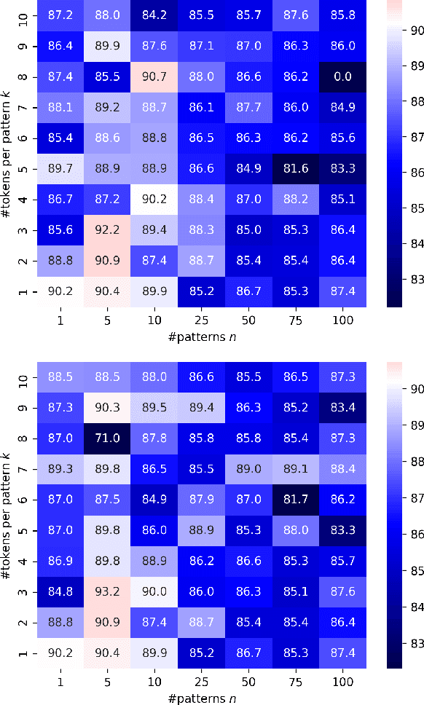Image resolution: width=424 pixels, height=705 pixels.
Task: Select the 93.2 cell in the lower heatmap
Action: tap(107, 589)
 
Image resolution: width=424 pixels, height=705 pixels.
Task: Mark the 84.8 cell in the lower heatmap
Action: tap(60, 589)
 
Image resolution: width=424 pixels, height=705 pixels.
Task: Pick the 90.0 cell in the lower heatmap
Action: tap(154, 589)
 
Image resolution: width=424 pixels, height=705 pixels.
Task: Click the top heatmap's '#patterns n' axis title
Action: tap(201, 338)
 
